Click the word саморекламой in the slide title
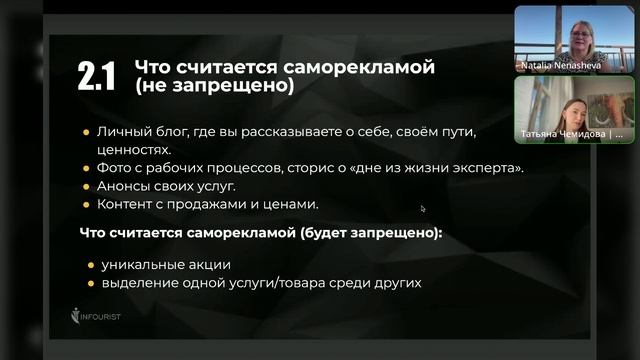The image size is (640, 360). click(x=366, y=68)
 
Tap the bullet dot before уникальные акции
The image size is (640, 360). click(x=90, y=264)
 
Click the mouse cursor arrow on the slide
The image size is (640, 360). click(x=423, y=209)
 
